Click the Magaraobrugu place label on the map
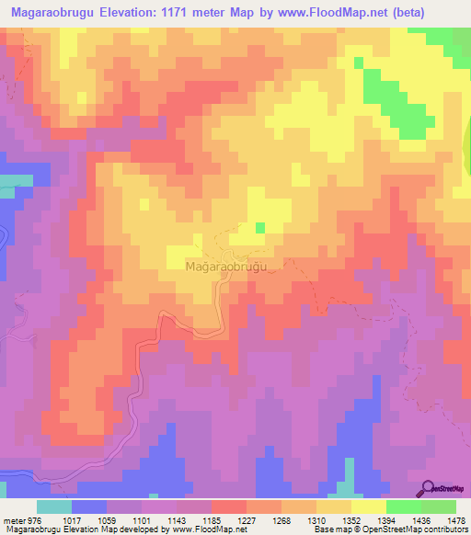[226, 267]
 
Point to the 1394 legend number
[408, 519]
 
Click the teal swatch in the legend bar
[54, 507]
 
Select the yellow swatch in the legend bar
[368, 507]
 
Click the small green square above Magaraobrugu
[259, 227]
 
